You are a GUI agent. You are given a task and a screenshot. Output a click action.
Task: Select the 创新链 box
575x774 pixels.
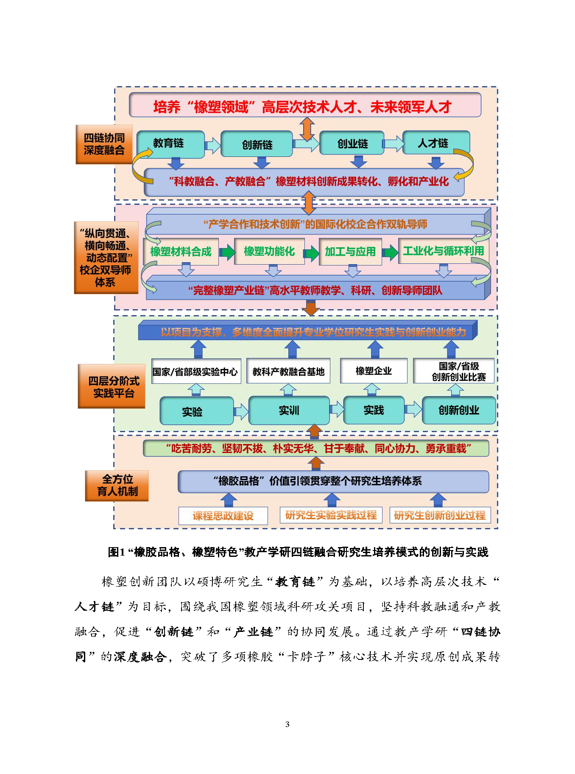point(257,144)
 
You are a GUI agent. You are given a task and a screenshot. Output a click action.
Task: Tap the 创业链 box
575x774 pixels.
point(352,143)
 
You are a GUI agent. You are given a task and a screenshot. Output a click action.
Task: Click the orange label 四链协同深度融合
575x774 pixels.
point(104,144)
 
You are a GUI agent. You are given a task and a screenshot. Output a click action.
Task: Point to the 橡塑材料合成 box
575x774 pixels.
point(181,251)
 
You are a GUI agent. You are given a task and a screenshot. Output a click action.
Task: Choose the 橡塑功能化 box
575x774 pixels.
point(269,251)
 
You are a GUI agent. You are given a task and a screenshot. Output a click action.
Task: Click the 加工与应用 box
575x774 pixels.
point(350,251)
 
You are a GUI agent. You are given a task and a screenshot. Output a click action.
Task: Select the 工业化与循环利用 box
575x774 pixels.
point(443,251)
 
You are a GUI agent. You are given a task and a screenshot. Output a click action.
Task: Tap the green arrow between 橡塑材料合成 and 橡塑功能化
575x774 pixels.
point(227,252)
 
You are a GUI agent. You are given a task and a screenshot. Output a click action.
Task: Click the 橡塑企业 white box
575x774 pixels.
point(374,371)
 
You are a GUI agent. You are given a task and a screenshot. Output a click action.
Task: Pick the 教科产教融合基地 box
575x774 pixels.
point(288,372)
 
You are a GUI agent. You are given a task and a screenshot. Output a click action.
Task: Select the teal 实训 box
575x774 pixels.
point(289,410)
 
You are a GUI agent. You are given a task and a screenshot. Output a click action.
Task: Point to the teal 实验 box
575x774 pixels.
point(196,411)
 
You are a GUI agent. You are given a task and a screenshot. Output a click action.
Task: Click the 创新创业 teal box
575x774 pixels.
point(459,410)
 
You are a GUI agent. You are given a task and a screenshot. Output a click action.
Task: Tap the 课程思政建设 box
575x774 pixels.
point(223,516)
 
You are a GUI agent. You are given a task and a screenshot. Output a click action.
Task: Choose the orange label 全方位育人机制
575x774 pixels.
point(117,486)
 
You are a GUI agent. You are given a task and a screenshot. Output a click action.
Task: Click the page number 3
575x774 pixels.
point(287,724)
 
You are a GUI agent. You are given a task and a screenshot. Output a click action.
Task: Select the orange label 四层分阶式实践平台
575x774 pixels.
point(112,386)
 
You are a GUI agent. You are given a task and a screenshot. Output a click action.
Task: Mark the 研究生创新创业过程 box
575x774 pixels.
point(440,515)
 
